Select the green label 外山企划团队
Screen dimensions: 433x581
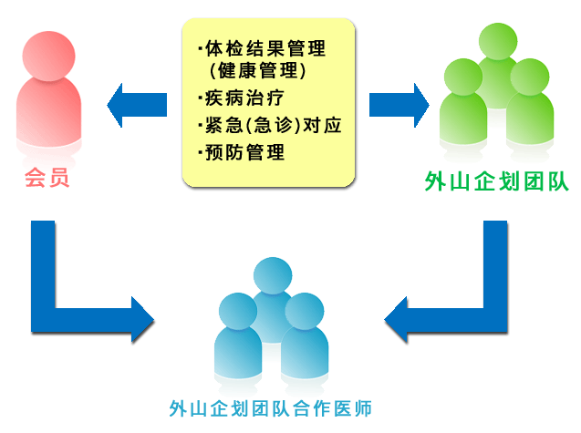point(497,181)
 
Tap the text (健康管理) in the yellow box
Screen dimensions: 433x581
point(256,70)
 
